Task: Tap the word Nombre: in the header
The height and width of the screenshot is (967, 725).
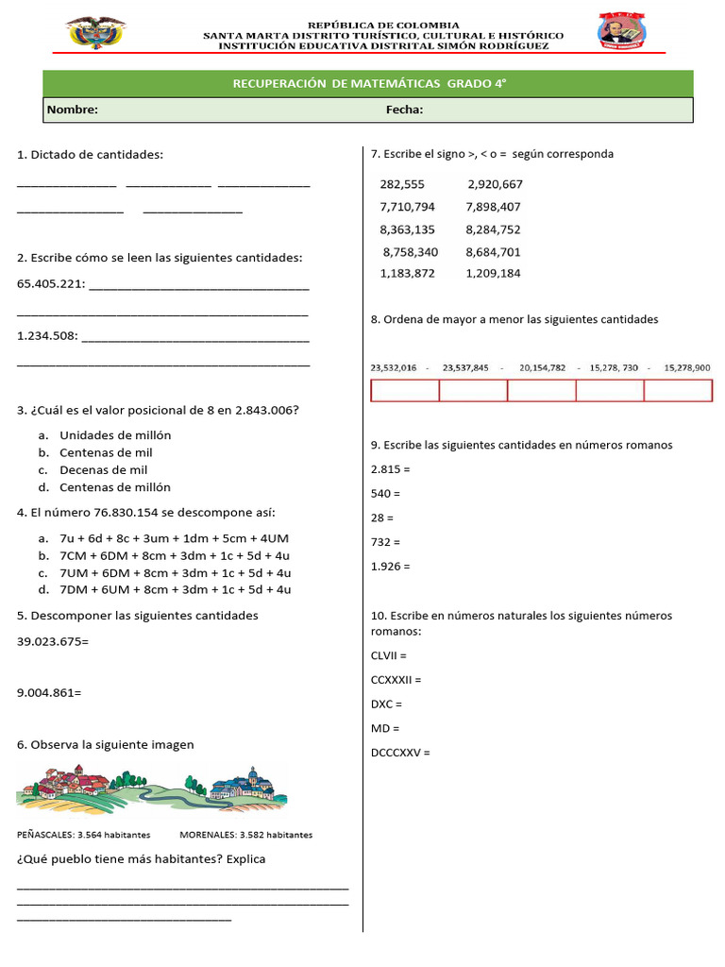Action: coord(73,110)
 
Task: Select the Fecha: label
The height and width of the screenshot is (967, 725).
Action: coord(404,110)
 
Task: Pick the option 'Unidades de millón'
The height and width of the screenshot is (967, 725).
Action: coord(115,435)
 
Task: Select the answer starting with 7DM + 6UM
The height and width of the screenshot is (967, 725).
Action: coord(175,589)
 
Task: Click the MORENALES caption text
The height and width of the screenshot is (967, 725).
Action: coord(208,835)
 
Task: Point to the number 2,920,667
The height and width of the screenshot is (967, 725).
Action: coord(495,185)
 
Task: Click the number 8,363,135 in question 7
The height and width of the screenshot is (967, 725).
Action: coord(407,229)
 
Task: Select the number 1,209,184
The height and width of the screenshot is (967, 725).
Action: coord(493,274)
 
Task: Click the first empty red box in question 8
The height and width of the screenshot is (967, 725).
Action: coord(405,391)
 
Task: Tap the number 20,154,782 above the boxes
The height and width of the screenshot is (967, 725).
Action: coord(542,367)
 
